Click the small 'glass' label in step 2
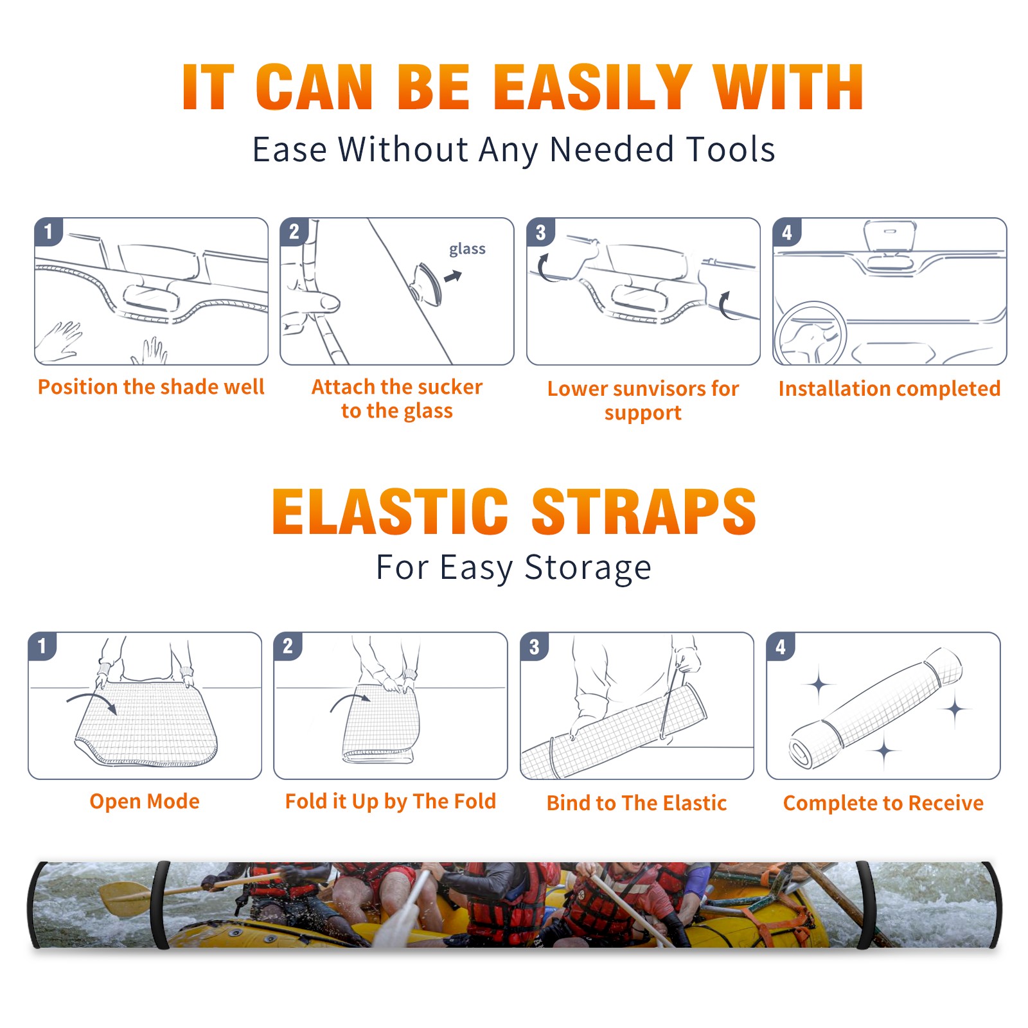(x=467, y=249)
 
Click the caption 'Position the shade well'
(x=151, y=387)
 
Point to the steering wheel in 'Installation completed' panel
(x=810, y=333)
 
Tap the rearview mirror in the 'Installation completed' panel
(x=890, y=235)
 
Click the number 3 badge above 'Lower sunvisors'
(x=540, y=232)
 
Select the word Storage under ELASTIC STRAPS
(x=587, y=568)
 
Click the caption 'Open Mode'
(x=145, y=801)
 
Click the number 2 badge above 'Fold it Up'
(x=287, y=646)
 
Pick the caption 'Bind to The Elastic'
(x=637, y=803)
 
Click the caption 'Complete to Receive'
(x=883, y=803)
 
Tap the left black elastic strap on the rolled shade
(x=160, y=905)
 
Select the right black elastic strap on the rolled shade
(x=865, y=905)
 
